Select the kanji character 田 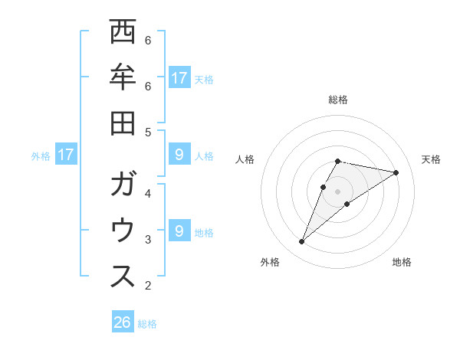(x=123, y=123)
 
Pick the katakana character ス (x=123, y=277)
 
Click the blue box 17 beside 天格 (x=179, y=77)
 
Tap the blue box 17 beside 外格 (x=66, y=155)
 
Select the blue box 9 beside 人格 (x=179, y=155)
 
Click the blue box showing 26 (x=123, y=322)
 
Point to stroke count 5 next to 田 (x=148, y=132)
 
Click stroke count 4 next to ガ (x=148, y=193)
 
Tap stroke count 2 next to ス (x=148, y=286)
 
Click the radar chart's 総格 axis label (x=337, y=100)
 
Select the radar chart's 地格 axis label (x=402, y=262)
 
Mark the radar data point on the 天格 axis (x=396, y=172)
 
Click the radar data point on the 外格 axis (x=302, y=242)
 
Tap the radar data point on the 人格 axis (x=324, y=187)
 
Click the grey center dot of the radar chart (x=337, y=191)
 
